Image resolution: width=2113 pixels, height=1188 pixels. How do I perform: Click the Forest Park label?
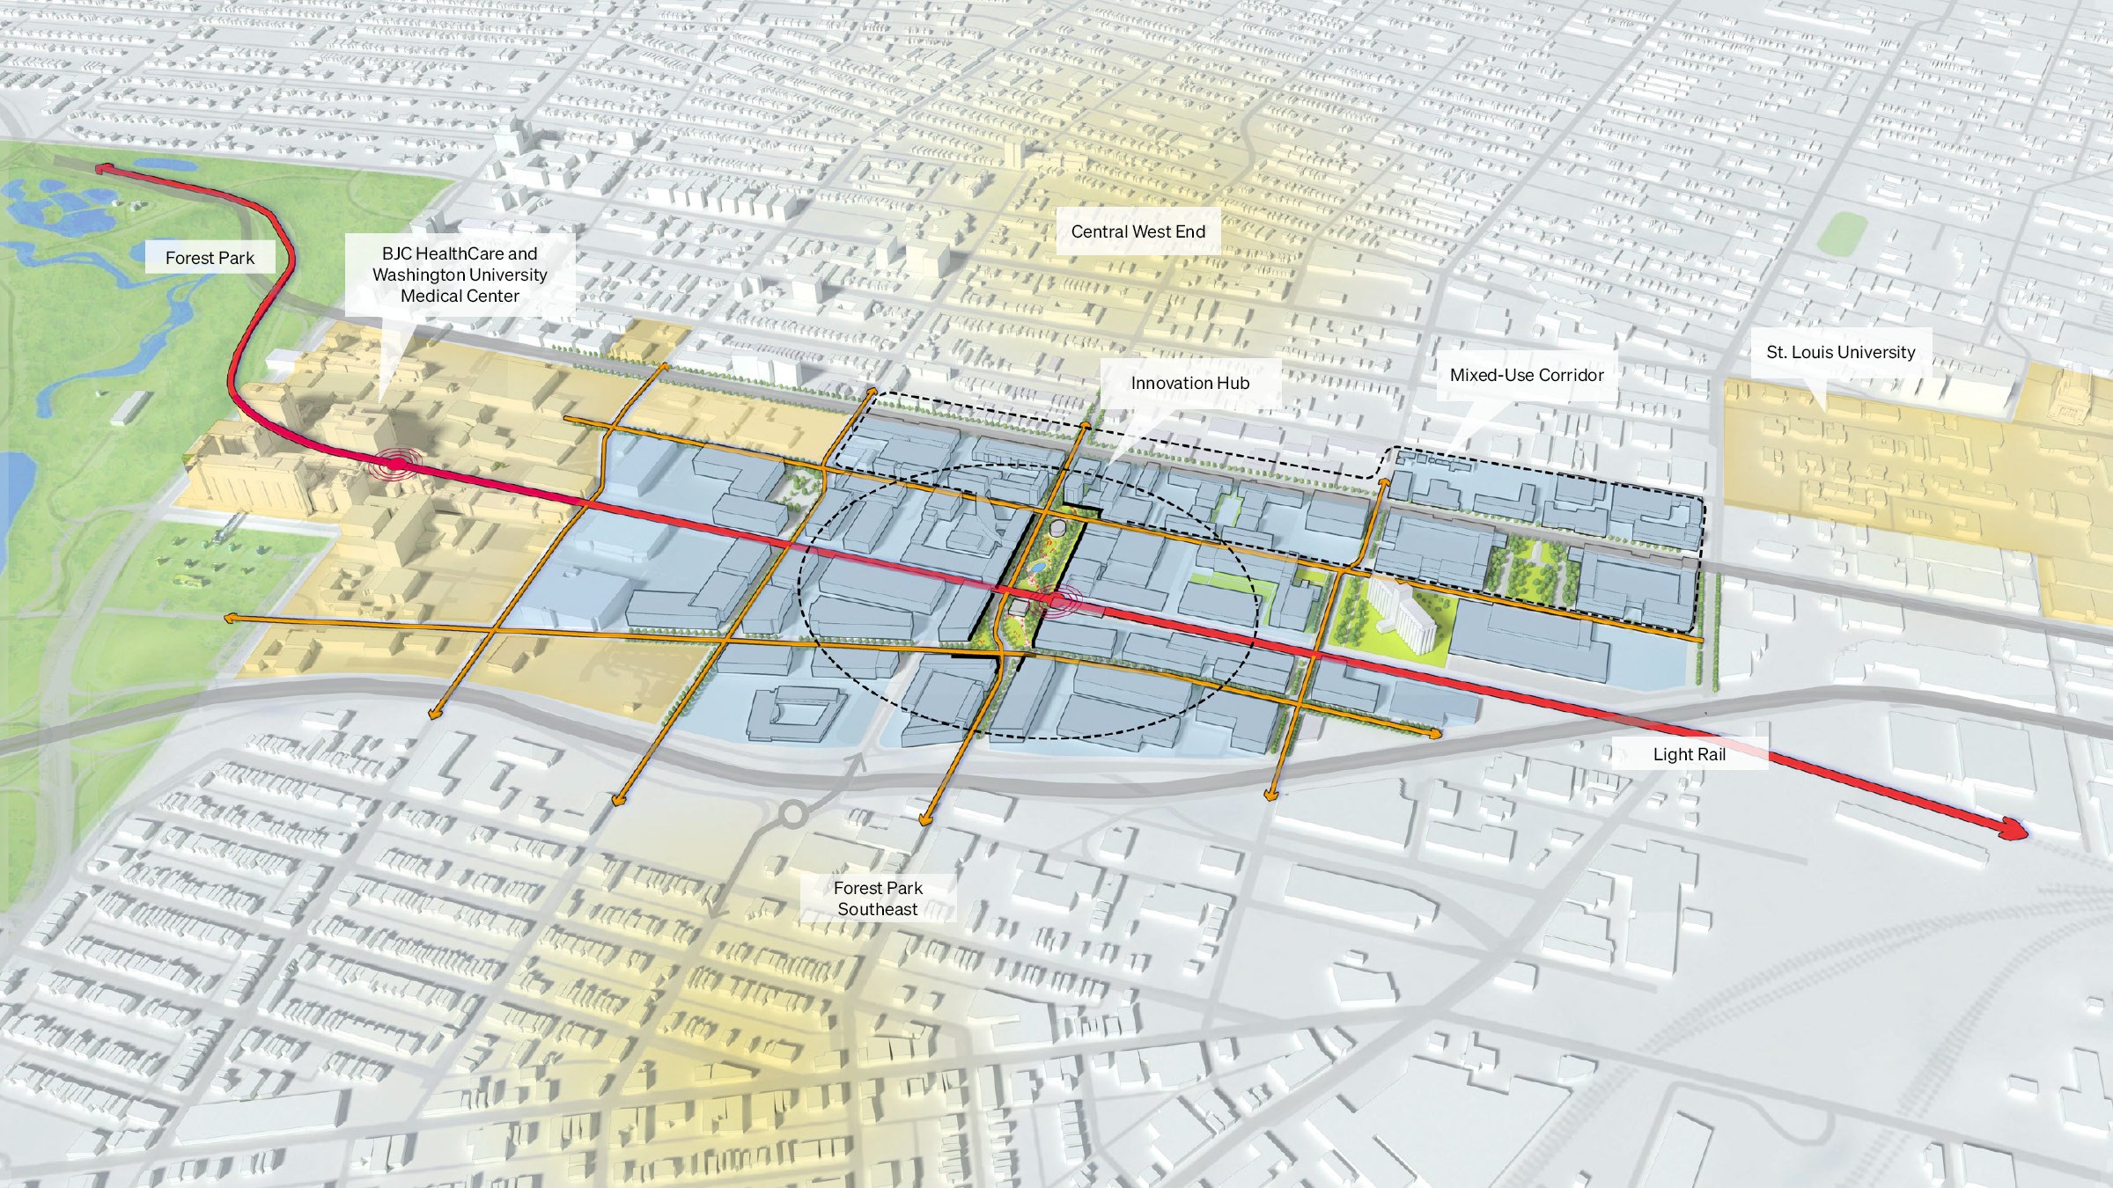(x=210, y=258)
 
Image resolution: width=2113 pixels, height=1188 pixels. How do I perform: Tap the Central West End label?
(x=1137, y=231)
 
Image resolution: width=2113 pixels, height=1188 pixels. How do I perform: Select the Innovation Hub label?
(x=1189, y=383)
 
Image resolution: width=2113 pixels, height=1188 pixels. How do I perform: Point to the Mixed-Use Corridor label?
(x=1526, y=375)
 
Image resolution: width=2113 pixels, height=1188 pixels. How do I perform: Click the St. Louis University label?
(x=1840, y=352)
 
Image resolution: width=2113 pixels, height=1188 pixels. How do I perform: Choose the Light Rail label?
(x=1689, y=754)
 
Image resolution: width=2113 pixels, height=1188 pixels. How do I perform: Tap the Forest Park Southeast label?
(x=877, y=898)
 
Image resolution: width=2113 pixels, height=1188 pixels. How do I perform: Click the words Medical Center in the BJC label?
(x=460, y=297)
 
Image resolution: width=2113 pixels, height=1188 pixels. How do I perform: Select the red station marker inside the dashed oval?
(x=1056, y=601)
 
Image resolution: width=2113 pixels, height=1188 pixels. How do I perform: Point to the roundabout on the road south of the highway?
(x=792, y=814)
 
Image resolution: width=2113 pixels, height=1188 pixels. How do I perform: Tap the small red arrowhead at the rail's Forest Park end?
(x=101, y=167)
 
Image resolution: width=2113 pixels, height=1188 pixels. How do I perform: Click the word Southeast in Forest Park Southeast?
(x=877, y=909)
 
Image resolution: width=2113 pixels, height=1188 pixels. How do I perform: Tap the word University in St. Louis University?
(x=1874, y=352)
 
